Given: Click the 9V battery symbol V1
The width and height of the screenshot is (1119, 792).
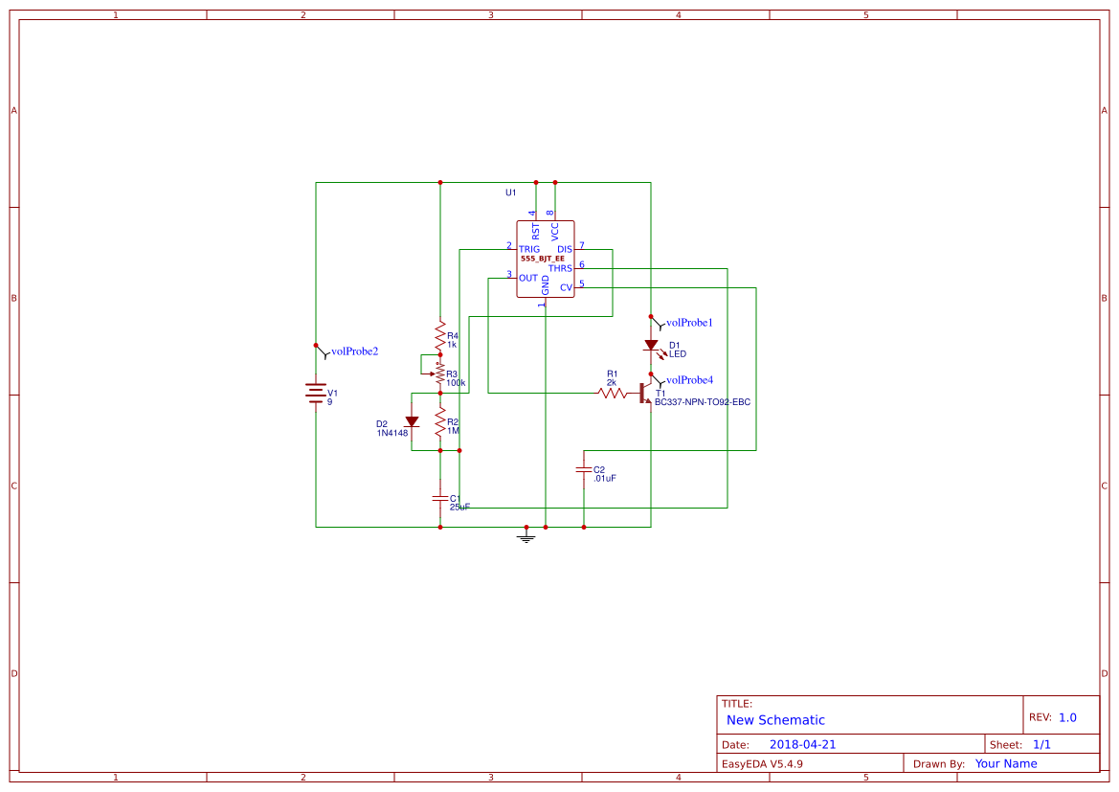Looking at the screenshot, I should pos(316,394).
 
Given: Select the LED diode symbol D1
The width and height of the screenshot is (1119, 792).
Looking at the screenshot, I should pos(651,345).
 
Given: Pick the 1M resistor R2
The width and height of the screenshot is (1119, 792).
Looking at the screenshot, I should pos(440,421).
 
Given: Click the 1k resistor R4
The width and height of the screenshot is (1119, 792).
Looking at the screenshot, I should pos(440,337).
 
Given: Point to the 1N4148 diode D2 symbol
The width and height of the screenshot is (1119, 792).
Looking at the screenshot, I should pos(412,421).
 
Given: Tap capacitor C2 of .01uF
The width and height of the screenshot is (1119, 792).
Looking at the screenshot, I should pos(583,469).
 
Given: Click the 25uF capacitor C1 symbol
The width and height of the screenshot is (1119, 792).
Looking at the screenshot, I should pos(440,498).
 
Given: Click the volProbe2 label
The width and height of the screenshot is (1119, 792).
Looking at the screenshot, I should pos(354,351).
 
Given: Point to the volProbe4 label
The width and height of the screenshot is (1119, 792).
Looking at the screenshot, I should pos(689,380).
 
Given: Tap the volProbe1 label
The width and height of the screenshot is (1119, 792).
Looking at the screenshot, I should pos(689,323).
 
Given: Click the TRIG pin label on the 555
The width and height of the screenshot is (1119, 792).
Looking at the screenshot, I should pos(529,249).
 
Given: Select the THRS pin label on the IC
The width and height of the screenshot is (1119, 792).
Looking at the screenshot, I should pos(560,268).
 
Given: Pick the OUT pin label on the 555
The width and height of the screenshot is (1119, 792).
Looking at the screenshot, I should pos(527,278).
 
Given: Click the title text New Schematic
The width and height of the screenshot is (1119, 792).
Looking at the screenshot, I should pos(775,720).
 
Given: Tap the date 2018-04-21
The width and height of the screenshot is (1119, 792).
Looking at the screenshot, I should pos(802,744).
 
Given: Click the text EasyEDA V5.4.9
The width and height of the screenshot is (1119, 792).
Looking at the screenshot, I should pos(762,763).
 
